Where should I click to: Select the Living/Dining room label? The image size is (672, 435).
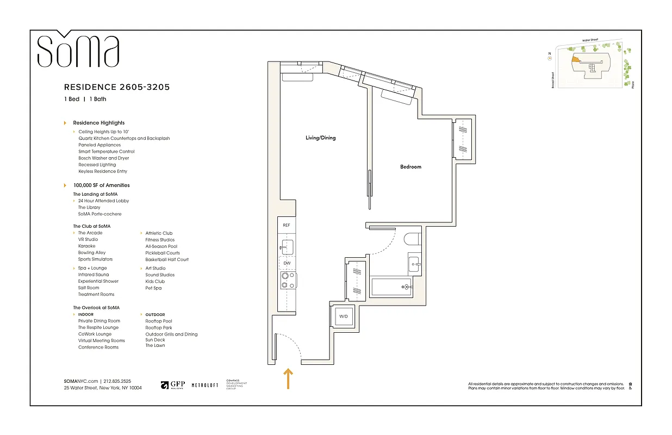(320, 138)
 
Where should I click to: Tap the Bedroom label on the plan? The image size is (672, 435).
(410, 167)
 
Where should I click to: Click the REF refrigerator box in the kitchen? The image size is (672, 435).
(287, 225)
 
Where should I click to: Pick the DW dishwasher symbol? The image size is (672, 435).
(287, 263)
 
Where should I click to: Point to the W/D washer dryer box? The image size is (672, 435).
(343, 316)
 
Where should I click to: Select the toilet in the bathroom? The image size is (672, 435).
(411, 240)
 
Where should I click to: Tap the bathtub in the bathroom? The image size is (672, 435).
(390, 287)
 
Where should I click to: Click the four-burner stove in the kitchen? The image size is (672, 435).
(287, 280)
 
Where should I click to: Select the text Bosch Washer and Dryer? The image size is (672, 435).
(103, 158)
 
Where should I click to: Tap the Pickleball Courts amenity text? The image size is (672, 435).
(162, 253)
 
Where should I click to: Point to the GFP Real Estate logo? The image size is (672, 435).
(173, 385)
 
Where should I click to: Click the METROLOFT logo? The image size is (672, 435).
(205, 385)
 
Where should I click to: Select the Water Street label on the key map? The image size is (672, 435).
(593, 40)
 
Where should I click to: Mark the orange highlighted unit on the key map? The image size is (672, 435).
(574, 62)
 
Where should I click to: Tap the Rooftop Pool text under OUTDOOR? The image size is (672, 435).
(158, 321)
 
